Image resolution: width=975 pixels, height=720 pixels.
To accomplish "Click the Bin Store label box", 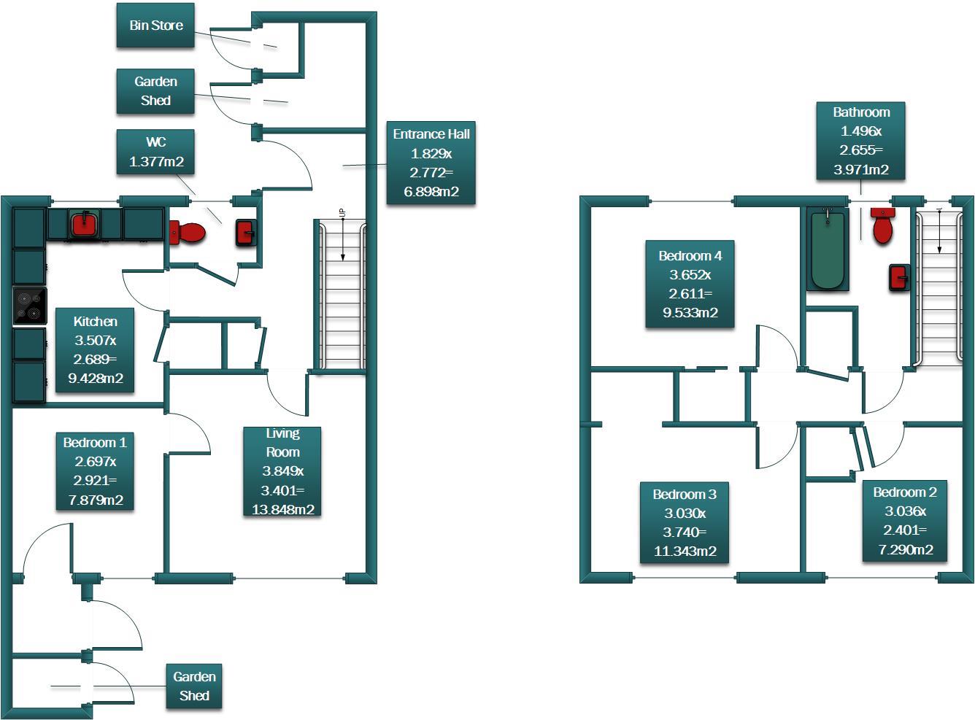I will tap(155, 26).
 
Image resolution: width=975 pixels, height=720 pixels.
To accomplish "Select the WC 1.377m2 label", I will tap(155, 152).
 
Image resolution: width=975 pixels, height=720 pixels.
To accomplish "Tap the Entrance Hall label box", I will tap(431, 163).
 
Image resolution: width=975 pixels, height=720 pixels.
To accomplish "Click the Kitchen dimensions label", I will tap(95, 349).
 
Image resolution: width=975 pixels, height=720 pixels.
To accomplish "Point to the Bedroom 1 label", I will tap(94, 471).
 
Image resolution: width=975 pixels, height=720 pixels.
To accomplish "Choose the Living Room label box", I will tap(282, 471).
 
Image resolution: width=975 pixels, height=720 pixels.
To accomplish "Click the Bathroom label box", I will tap(861, 141).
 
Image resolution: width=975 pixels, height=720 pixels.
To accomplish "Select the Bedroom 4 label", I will tap(690, 284).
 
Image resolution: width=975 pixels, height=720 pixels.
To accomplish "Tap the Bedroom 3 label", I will tap(685, 522).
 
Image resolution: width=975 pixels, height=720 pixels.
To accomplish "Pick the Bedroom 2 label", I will tap(905, 520).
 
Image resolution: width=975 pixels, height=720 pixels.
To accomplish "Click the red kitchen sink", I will tap(86, 223).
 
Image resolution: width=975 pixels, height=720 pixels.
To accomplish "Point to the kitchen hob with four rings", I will tap(30, 306).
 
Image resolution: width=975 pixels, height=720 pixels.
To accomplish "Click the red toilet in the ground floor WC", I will tap(188, 233).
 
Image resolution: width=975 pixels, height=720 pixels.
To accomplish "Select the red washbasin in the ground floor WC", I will tap(245, 233).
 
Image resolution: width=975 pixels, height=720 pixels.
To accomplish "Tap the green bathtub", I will tap(828, 248).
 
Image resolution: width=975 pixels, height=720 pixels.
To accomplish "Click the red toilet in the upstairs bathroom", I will tap(882, 225).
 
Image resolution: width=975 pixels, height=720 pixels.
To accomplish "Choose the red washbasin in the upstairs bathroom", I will tap(898, 278).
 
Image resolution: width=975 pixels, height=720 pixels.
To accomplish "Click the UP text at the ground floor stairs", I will tap(342, 213).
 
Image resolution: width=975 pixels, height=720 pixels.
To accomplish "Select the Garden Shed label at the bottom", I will tap(194, 686).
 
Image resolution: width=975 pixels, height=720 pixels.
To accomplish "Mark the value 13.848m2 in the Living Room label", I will tap(282, 509).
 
